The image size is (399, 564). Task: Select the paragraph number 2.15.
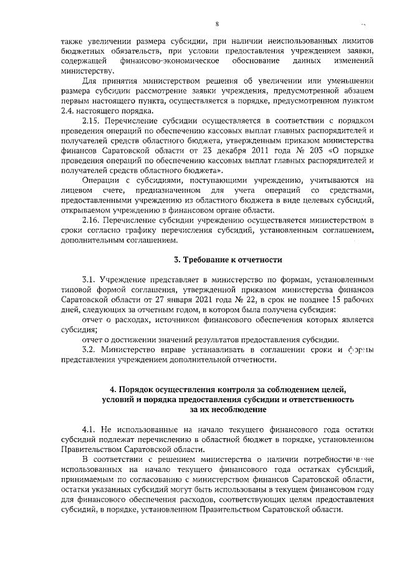[x=92, y=120]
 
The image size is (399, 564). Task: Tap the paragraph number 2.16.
[x=92, y=221]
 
